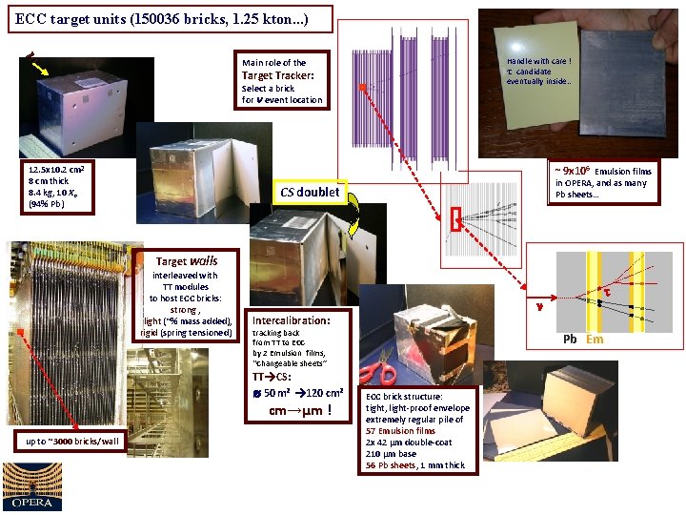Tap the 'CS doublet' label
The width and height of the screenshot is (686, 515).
310,192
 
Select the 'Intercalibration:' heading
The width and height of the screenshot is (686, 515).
291,320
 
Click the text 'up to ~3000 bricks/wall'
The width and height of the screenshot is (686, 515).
72,441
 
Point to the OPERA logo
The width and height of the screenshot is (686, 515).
32,486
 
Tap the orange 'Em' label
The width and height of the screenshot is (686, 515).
595,339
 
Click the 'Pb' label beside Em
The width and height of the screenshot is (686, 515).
570,339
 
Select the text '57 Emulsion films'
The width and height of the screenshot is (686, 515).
401,431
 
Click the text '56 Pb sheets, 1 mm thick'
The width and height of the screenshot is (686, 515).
415,465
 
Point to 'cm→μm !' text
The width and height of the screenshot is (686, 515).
300,411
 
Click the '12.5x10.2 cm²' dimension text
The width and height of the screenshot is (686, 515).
59,170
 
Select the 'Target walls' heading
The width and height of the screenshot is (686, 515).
187,260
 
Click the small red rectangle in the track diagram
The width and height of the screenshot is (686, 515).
456,220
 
